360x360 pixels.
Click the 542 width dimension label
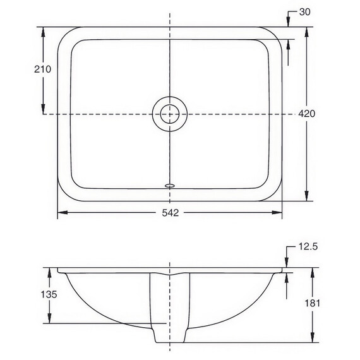(170, 213)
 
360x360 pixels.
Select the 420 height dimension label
(307, 114)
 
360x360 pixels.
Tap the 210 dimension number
(43, 69)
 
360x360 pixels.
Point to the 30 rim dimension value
(304, 12)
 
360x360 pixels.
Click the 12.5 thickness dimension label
(308, 246)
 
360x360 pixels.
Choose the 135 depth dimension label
(49, 294)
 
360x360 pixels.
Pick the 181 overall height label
(312, 303)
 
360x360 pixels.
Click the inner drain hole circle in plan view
(170, 114)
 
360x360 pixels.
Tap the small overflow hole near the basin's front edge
(170, 185)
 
